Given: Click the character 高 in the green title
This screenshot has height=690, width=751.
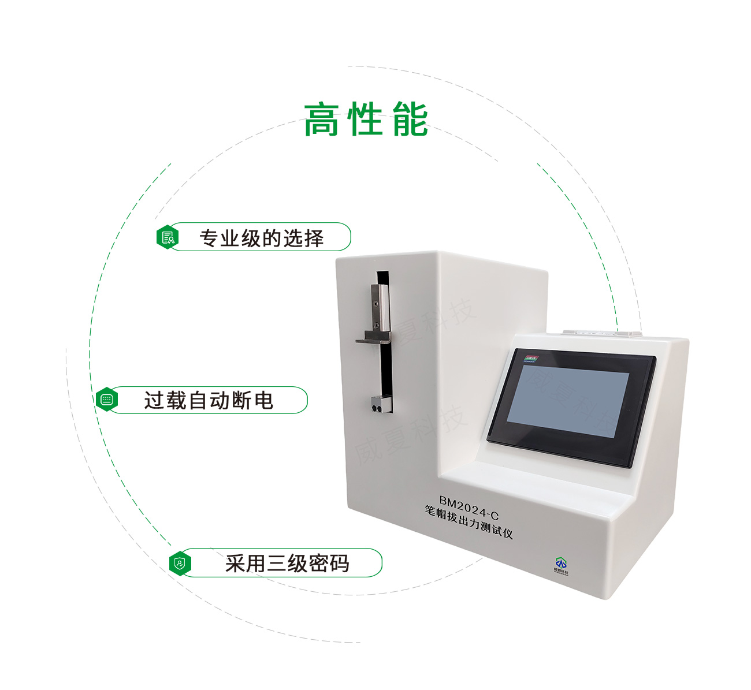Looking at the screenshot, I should click(x=321, y=120).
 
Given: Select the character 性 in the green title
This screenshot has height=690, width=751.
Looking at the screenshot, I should click(x=366, y=120).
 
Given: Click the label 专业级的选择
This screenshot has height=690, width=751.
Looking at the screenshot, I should click(x=261, y=238).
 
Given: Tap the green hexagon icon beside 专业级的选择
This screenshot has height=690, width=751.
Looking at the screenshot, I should click(x=168, y=237).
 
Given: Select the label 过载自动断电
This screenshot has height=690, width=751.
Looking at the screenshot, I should click(x=209, y=400).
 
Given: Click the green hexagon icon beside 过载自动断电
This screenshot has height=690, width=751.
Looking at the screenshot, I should click(x=106, y=400).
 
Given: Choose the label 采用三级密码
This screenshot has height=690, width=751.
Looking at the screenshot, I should click(x=287, y=563).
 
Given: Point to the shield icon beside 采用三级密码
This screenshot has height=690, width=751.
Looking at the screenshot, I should click(x=180, y=563).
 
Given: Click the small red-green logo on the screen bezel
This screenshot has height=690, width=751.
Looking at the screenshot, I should click(x=530, y=359).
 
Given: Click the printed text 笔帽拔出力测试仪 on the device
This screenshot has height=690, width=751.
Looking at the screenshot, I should click(x=469, y=521).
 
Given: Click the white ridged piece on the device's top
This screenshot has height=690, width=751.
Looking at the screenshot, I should click(x=601, y=333).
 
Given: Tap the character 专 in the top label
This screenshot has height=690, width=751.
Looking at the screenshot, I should click(x=209, y=238).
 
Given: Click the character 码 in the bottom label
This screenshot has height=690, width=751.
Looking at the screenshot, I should click(x=339, y=563).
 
